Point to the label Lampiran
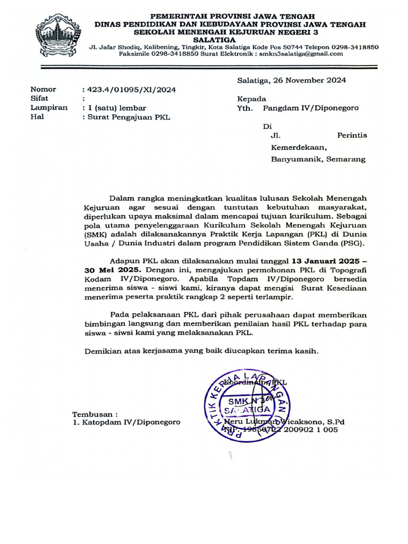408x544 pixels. (49, 108)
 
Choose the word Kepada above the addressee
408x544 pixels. (252, 99)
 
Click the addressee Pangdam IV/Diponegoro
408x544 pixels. (311, 108)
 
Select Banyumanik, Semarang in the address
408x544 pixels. (318, 159)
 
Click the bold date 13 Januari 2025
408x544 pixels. (325, 262)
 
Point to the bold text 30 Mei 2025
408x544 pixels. (105, 271)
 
